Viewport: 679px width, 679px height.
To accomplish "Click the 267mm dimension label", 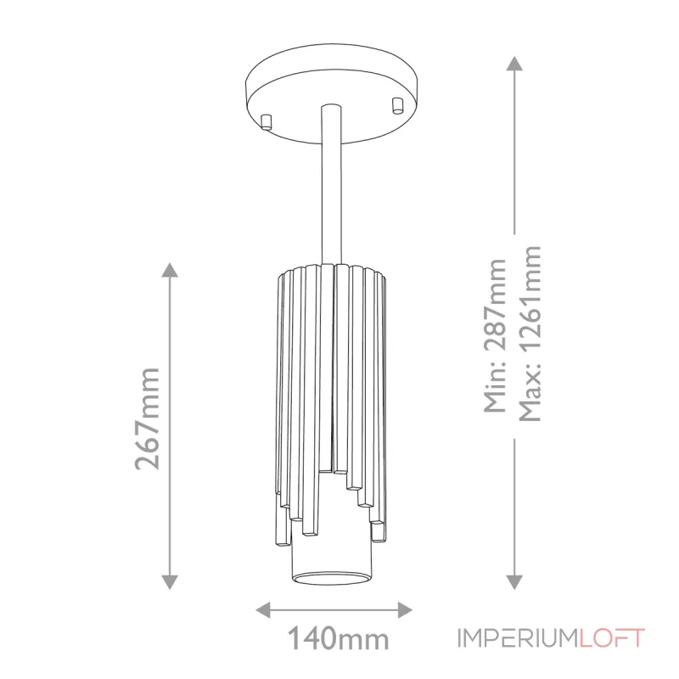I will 148,418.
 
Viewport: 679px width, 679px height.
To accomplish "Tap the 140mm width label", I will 337,637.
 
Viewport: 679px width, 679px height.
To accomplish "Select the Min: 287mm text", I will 494,336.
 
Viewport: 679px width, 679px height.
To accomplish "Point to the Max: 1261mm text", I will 530,333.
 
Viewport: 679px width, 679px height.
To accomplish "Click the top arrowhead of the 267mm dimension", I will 170,271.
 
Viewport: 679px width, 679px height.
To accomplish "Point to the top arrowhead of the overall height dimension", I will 514,63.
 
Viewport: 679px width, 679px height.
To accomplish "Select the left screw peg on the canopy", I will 267,120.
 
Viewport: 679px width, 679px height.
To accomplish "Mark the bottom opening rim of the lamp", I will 331,579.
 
